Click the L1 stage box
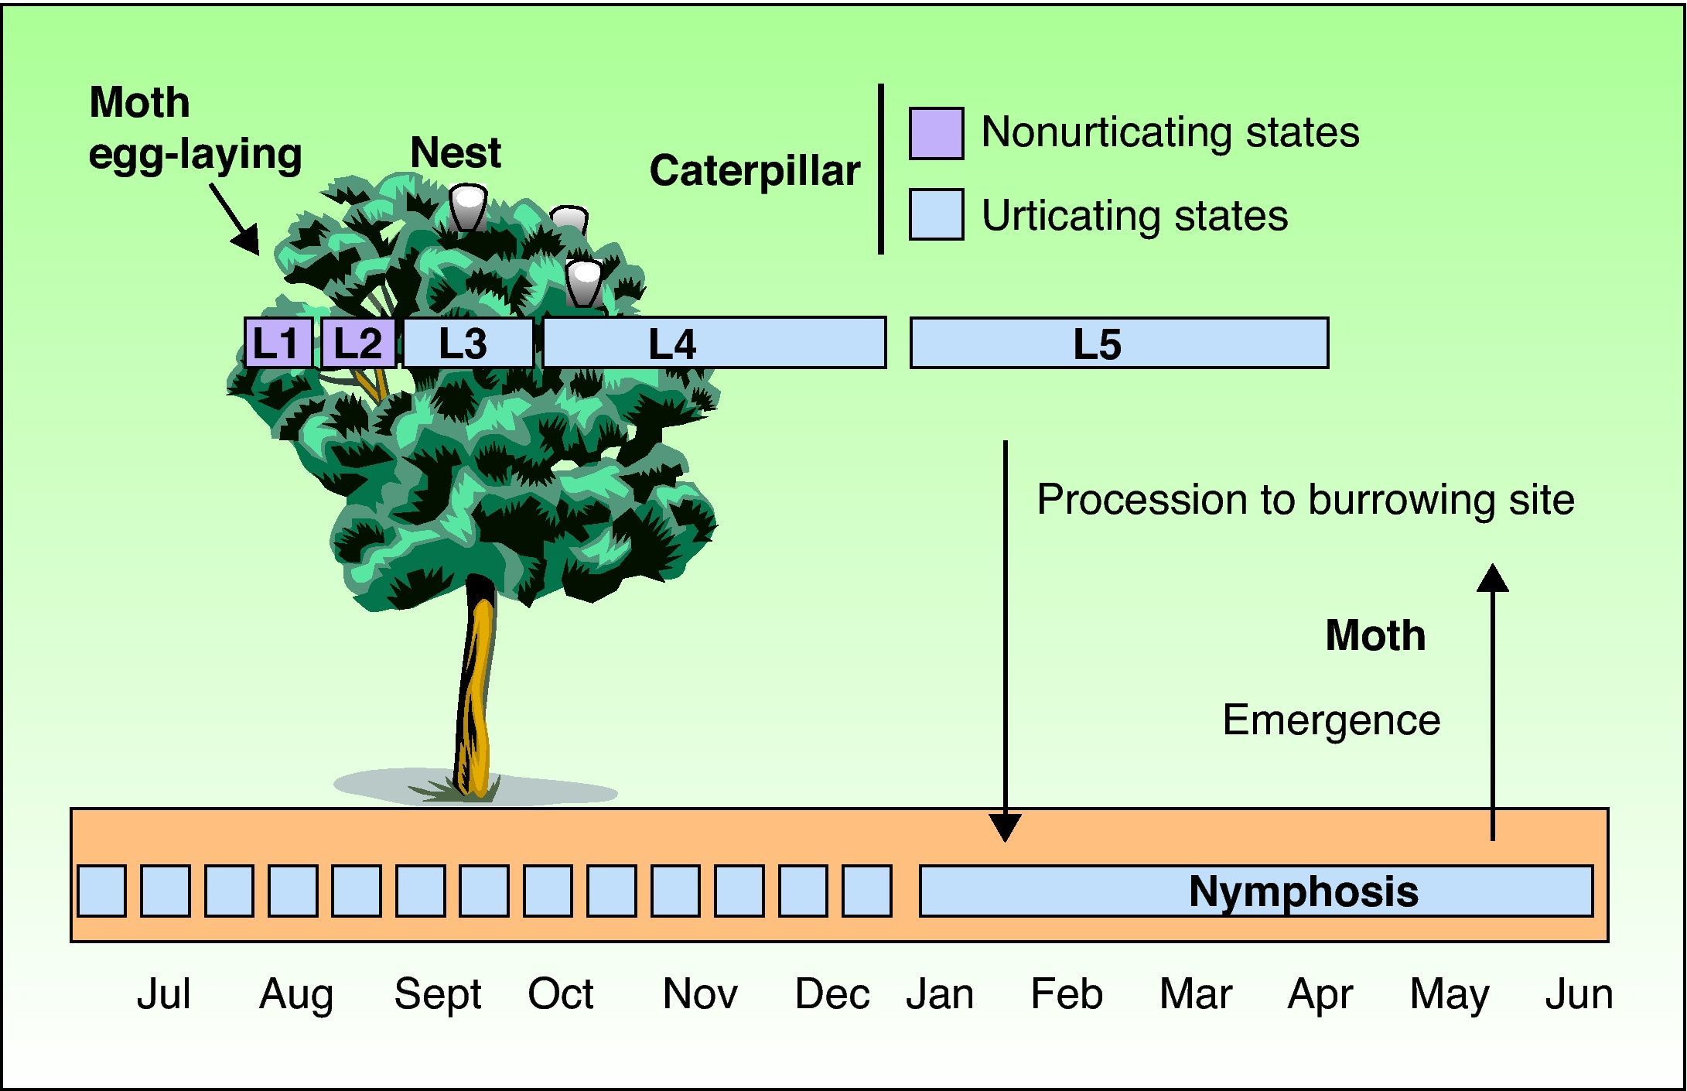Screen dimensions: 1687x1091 click(278, 342)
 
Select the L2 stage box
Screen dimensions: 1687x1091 click(358, 342)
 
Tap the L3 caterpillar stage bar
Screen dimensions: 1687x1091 click(468, 342)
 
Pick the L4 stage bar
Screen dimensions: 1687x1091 click(714, 342)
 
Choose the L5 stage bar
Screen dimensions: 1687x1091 click(1119, 342)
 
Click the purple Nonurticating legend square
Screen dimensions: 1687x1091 click(936, 133)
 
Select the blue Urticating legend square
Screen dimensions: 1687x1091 click(936, 214)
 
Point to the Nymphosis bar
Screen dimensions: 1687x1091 click(1256, 891)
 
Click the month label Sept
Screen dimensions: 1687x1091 click(438, 994)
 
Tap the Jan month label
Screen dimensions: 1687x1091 click(940, 994)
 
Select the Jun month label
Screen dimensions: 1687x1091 click(1579, 994)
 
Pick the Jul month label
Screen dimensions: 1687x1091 click(163, 994)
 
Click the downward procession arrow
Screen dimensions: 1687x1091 click(1006, 641)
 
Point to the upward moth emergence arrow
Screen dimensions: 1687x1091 click(1492, 702)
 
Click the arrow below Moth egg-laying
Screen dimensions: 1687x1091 click(234, 219)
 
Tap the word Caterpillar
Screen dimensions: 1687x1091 click(755, 170)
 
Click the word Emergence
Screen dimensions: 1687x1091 click(1331, 720)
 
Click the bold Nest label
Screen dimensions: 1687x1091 click(456, 152)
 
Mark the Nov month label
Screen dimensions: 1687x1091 click(700, 994)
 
